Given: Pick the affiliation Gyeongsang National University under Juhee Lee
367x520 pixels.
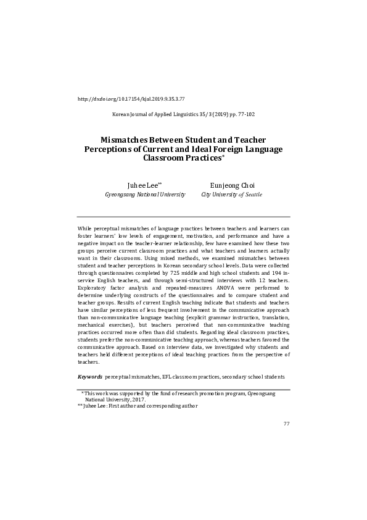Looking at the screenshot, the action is coord(146,194).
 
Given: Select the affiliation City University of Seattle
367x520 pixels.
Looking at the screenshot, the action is coord(231,194).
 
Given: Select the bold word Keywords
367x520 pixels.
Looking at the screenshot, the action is coord(90,376).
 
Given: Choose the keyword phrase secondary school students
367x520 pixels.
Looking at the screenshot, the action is coord(254,376).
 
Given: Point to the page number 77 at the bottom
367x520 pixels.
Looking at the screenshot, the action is coord(286,424).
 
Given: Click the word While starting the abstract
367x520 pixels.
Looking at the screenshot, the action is coord(85,228).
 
